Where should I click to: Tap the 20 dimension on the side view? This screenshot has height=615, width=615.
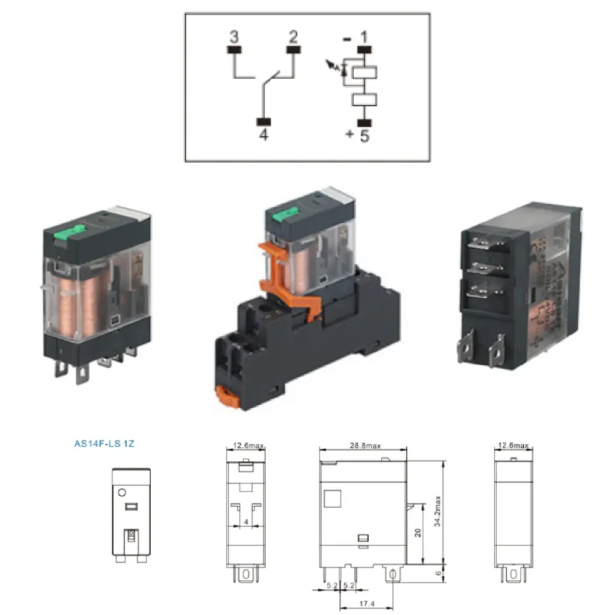[x=419, y=533]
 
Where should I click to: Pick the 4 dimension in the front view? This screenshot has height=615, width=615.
[x=247, y=523]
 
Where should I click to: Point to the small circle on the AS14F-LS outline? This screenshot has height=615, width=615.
[x=121, y=492]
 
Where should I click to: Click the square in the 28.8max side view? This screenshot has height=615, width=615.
[x=332, y=498]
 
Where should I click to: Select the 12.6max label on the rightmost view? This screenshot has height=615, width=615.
[x=512, y=446]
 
